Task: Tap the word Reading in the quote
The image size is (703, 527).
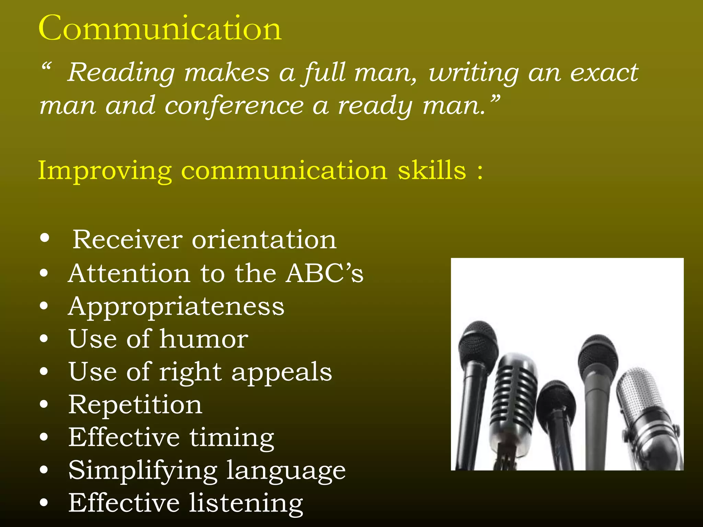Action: (x=121, y=73)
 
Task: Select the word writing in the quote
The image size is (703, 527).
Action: (x=474, y=73)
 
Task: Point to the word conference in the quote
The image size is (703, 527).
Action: (x=234, y=106)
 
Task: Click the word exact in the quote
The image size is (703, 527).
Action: (x=604, y=73)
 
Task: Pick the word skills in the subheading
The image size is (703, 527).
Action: (x=432, y=170)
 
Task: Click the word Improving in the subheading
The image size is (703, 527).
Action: (x=105, y=171)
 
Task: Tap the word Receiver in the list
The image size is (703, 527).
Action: (x=127, y=239)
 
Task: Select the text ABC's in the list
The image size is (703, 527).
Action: (x=325, y=273)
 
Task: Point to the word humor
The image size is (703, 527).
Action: (x=204, y=339)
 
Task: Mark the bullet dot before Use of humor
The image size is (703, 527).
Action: (x=44, y=339)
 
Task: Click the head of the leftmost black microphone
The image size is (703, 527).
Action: (x=478, y=343)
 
